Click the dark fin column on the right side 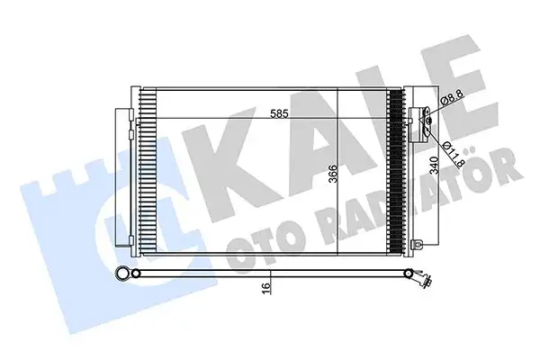[x=395, y=171]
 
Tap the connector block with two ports [x=419, y=125]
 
